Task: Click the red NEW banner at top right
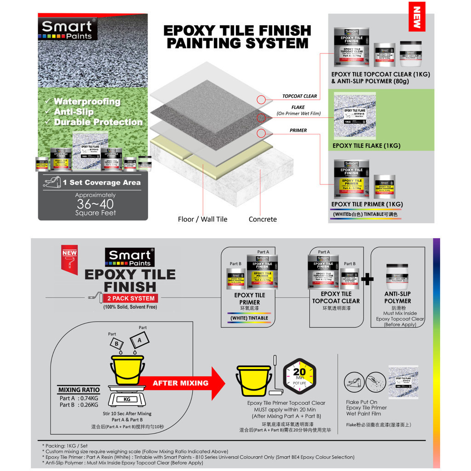[417, 17]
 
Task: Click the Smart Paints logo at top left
[67, 29]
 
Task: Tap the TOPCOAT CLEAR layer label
[299, 96]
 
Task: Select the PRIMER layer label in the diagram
[298, 130]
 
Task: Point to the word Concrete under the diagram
[263, 219]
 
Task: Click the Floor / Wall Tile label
[202, 219]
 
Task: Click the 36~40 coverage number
[95, 204]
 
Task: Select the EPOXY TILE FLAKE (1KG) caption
[366, 146]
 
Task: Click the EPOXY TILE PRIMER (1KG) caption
[367, 204]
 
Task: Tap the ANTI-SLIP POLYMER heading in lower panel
[397, 297]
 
